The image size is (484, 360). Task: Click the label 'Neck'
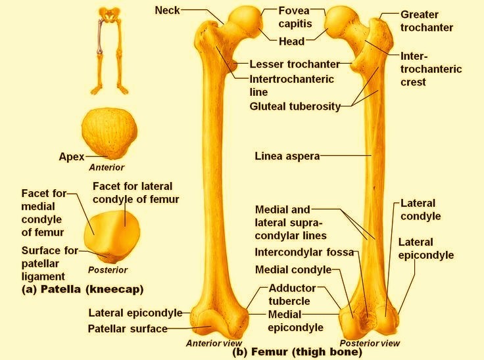coord(167,10)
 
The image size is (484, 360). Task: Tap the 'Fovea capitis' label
coord(294,17)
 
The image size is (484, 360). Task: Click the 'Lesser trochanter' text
coord(294,64)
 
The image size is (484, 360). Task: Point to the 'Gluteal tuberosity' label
coord(295,106)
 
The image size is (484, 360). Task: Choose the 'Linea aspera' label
coord(287,156)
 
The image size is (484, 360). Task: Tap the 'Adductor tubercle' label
coord(293,294)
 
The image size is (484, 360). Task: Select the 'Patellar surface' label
coord(128,328)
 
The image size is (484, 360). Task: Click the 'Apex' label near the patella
coord(72,156)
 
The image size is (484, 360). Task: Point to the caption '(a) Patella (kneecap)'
coord(82,288)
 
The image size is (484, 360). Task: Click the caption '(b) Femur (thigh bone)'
coord(297,352)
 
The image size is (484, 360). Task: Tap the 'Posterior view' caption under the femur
coord(370,343)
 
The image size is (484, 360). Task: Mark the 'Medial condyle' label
coord(293,270)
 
